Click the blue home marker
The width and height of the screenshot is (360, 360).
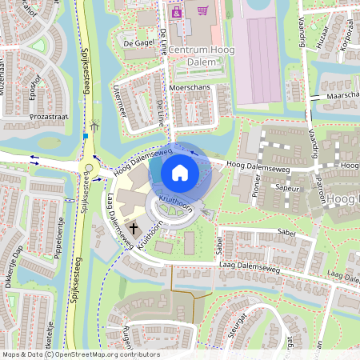[180, 172]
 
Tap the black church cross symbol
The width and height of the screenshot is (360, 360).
[134, 230]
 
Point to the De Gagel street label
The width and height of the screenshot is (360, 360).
[138, 42]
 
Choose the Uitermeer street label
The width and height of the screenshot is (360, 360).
[120, 101]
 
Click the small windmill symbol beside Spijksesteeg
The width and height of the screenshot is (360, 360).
[95, 126]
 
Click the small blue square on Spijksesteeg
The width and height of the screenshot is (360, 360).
[85, 136]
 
